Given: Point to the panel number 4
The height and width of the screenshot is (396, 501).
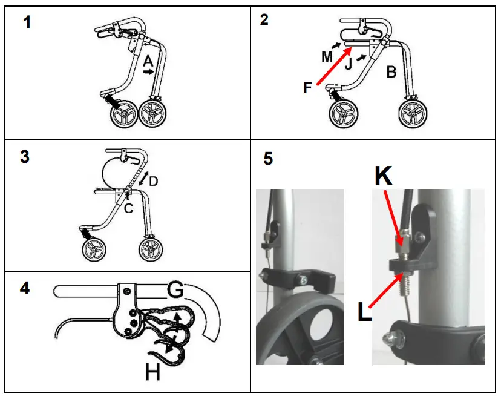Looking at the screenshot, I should pyautogui.click(x=25, y=288).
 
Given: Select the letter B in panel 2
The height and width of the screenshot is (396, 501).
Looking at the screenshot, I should pyautogui.click(x=391, y=73).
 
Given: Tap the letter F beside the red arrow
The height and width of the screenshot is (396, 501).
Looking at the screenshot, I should pyautogui.click(x=308, y=88).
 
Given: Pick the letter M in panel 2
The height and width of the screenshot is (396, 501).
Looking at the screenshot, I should pyautogui.click(x=327, y=57).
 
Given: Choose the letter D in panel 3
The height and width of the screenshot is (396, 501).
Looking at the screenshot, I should pyautogui.click(x=154, y=181).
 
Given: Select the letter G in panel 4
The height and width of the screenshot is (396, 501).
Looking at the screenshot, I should pyautogui.click(x=175, y=292).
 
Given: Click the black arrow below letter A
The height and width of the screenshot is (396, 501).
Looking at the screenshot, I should pyautogui.click(x=148, y=71).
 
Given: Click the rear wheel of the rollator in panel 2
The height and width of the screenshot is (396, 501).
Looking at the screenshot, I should pyautogui.click(x=414, y=113).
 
